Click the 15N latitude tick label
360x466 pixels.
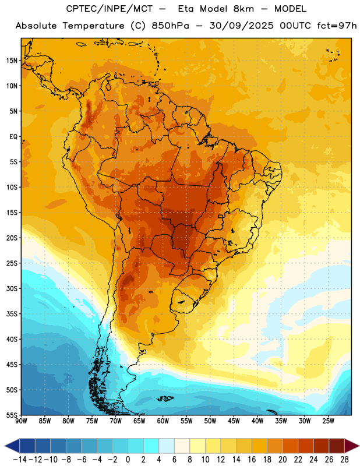tap(12, 61)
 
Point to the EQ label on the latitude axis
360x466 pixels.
tap(13, 137)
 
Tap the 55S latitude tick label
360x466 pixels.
tap(12, 415)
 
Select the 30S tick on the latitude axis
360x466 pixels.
tap(12, 288)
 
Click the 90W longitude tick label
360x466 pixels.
tap(21, 421)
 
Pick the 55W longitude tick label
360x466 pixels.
tap(186, 421)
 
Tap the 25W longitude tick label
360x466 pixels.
tap(328, 421)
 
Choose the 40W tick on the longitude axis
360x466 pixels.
tap(257, 421)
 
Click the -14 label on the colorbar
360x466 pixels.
tap(20, 460)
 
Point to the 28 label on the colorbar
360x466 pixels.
tap(344, 460)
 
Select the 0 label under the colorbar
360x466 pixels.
tap(128, 460)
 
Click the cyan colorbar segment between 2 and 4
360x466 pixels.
tap(151, 446)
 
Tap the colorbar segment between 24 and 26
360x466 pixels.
tap(321, 446)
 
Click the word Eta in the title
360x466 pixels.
tap(186, 9)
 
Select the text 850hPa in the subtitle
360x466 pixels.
tap(170, 26)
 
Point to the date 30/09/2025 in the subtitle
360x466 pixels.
tap(241, 26)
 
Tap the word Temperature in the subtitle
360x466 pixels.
tap(93, 26)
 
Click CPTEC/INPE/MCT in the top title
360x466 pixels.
tap(110, 9)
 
